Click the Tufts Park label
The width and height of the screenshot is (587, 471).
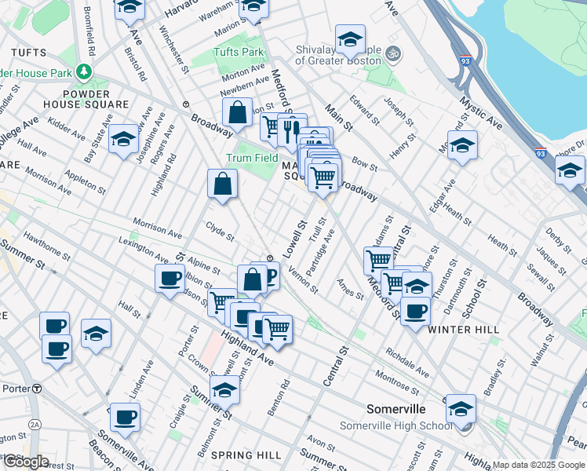click(x=239, y=52)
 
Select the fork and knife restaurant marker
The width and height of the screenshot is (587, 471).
click(x=291, y=129)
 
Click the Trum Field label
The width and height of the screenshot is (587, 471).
click(x=253, y=157)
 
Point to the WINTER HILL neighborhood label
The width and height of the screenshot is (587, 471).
click(x=464, y=330)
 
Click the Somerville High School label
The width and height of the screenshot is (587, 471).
click(x=396, y=425)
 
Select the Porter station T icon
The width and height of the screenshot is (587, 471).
click(x=37, y=389)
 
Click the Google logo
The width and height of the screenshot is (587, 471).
click(x=25, y=462)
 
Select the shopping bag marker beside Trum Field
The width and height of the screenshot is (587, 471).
click(x=223, y=184)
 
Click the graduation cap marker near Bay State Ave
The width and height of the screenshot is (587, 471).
click(x=123, y=139)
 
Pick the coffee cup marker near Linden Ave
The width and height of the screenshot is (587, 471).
click(x=125, y=416)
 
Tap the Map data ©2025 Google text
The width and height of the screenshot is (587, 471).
click(x=538, y=465)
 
